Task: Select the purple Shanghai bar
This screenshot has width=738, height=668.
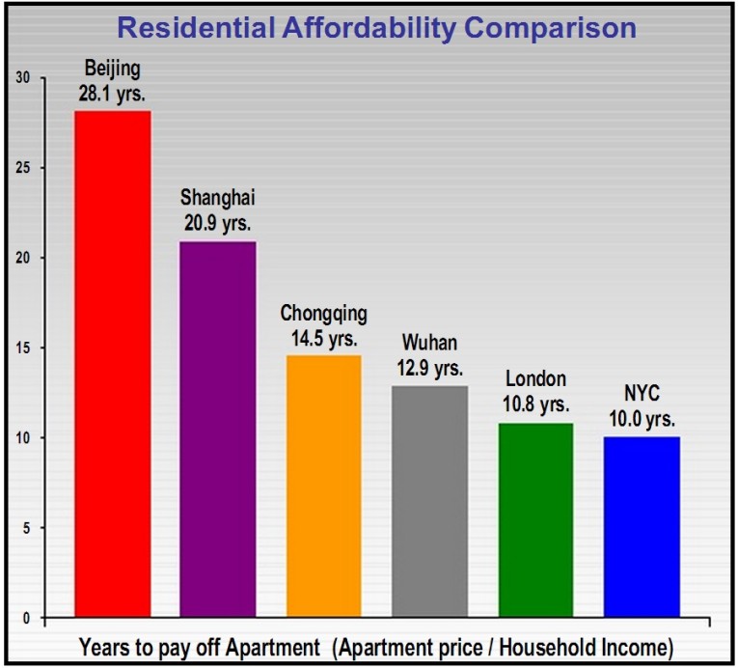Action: coord(219,429)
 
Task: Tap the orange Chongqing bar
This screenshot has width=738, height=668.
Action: coord(324,487)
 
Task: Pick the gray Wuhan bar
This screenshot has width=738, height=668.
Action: coord(429,501)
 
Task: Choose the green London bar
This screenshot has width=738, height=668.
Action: coord(535,519)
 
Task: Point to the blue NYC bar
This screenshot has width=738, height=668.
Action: coord(642,527)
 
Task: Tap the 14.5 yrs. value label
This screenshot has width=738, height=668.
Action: coord(323,339)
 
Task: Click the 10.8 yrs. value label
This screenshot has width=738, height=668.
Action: coord(535,404)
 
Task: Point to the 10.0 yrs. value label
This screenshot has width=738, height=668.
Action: coord(641,420)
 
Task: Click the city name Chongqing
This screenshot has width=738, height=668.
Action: coord(324,314)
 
